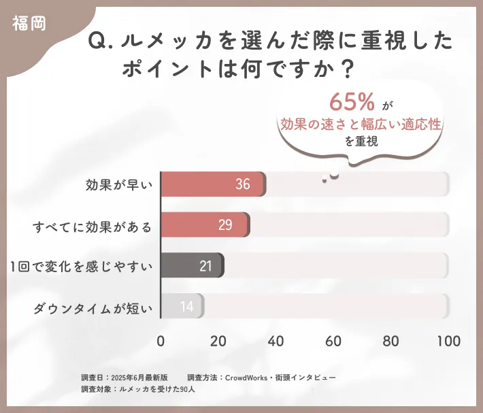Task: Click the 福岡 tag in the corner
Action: (29, 23)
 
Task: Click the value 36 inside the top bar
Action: (243, 184)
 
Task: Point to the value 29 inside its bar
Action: (226, 225)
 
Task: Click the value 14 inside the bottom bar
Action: (187, 307)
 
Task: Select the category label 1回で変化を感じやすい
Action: (81, 266)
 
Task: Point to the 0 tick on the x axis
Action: (161, 341)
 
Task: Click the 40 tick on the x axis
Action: (276, 341)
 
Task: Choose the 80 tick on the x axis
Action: (390, 341)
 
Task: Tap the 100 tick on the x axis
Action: (448, 341)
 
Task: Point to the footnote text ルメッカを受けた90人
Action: (157, 389)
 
